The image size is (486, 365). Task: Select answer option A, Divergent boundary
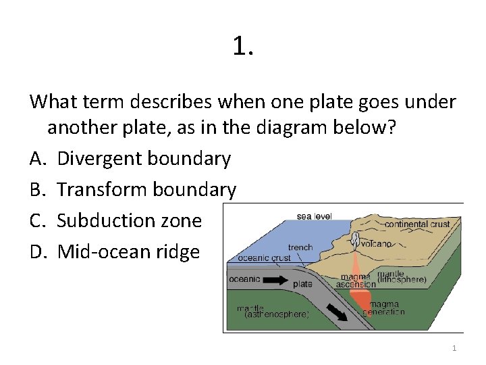point(144,159)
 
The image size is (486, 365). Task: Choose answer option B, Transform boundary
point(146,190)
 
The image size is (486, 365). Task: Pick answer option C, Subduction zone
point(129,221)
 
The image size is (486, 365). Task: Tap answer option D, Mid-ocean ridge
point(128,252)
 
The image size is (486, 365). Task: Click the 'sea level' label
point(314,216)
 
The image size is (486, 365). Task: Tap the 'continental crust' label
point(416,224)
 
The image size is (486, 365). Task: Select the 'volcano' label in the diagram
point(376,243)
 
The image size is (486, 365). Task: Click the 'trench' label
point(300,247)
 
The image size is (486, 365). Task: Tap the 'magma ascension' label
point(356,280)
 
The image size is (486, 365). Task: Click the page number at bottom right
point(454,348)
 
